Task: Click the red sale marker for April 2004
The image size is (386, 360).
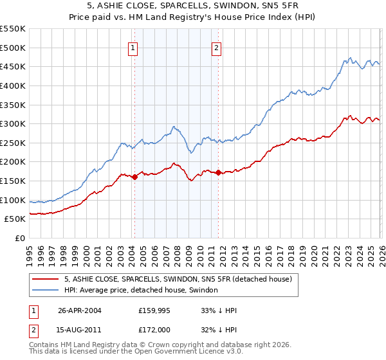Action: pyautogui.click(x=134, y=177)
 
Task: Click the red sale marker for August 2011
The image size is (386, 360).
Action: pyautogui.click(x=218, y=172)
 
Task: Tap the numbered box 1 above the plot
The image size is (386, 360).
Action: pyautogui.click(x=133, y=47)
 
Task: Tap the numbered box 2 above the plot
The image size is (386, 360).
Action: pyautogui.click(x=217, y=47)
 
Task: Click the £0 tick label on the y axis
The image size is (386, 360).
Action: pyautogui.click(x=19, y=238)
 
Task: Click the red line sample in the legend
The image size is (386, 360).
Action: pyautogui.click(x=46, y=279)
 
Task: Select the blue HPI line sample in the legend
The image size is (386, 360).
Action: pyautogui.click(x=46, y=291)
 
